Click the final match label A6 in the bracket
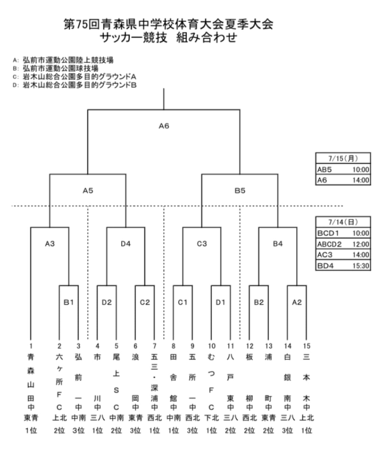click(x=164, y=126)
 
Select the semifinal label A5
click(x=88, y=191)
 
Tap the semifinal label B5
click(x=240, y=191)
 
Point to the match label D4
click(x=126, y=244)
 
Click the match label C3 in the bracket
click(x=202, y=244)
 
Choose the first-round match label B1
click(x=69, y=302)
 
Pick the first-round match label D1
click(x=220, y=302)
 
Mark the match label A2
click(x=297, y=302)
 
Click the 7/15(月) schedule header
click(x=343, y=158)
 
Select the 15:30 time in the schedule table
click(x=361, y=266)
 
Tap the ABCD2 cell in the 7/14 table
click(x=329, y=244)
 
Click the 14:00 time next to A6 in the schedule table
click(x=361, y=180)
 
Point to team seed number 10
click(x=212, y=346)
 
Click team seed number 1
click(x=31, y=346)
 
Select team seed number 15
click(x=306, y=346)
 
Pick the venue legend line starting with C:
click(x=74, y=77)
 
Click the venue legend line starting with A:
click(x=63, y=60)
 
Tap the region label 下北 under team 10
click(x=212, y=418)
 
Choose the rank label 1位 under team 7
click(x=154, y=431)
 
